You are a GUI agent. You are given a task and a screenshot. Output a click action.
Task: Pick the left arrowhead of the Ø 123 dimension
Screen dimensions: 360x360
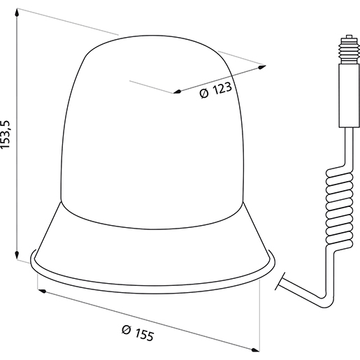(177, 92)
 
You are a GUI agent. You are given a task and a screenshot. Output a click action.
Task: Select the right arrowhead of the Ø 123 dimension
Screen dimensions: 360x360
(263, 66)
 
